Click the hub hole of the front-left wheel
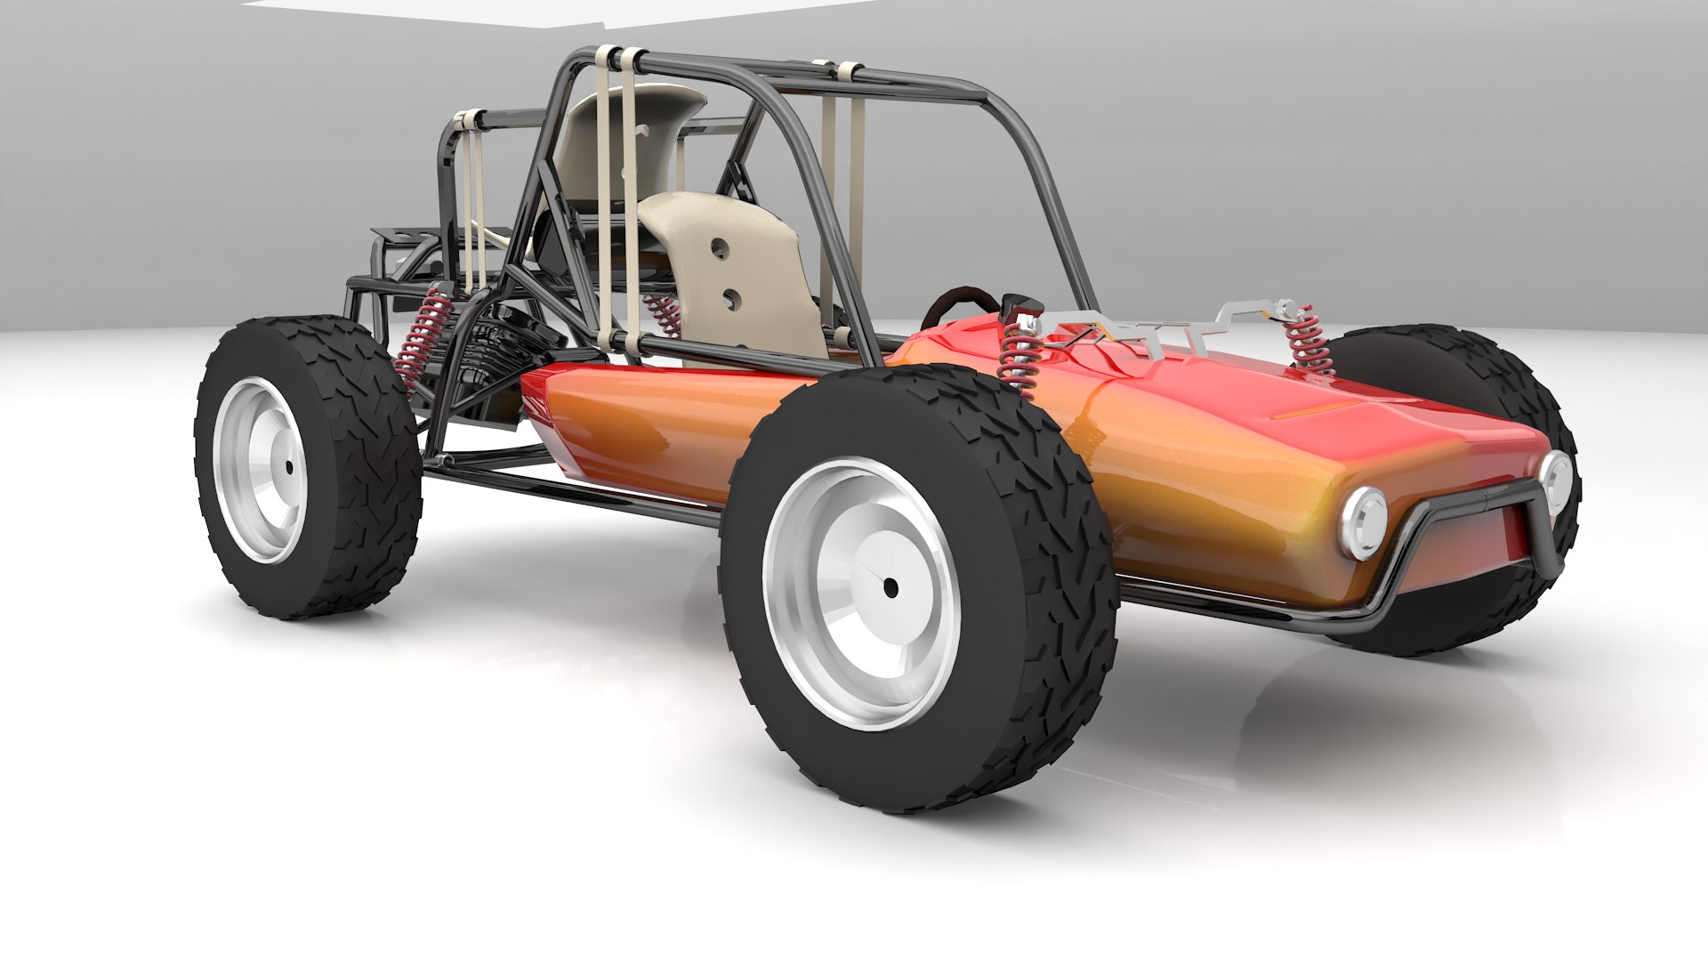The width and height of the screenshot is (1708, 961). tap(890, 586)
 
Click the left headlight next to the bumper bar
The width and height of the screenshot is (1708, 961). tap(1363, 522)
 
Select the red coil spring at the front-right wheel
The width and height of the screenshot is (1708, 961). tap(1308, 342)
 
